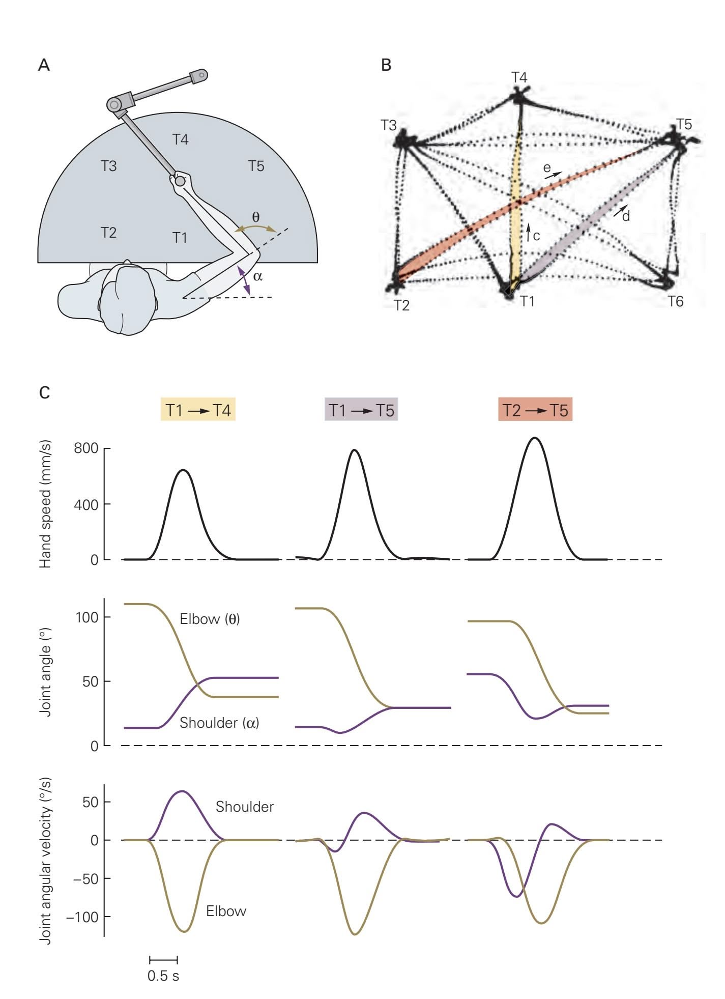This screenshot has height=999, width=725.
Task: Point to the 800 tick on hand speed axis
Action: [x=85, y=449]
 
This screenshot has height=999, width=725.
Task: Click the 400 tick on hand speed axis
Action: [x=85, y=504]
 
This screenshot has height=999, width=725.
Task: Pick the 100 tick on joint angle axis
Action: [x=86, y=617]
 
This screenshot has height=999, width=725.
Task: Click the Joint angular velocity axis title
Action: [x=45, y=860]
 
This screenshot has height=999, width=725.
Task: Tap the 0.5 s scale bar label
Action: [x=163, y=976]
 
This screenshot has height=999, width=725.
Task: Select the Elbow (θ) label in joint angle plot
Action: [x=210, y=619]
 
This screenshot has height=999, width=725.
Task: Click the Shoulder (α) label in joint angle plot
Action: [x=219, y=723]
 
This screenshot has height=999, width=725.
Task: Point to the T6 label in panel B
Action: [x=675, y=302]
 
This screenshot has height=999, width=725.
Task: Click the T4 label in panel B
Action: [x=519, y=77]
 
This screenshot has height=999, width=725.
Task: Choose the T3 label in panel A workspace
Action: [x=108, y=166]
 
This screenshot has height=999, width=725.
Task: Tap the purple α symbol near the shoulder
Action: [x=257, y=276]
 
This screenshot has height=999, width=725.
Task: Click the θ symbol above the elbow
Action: [x=256, y=217]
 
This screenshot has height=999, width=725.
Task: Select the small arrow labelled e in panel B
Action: [x=554, y=175]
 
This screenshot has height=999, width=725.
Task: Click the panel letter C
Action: [x=45, y=393]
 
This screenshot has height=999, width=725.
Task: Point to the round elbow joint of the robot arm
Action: [x=114, y=105]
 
